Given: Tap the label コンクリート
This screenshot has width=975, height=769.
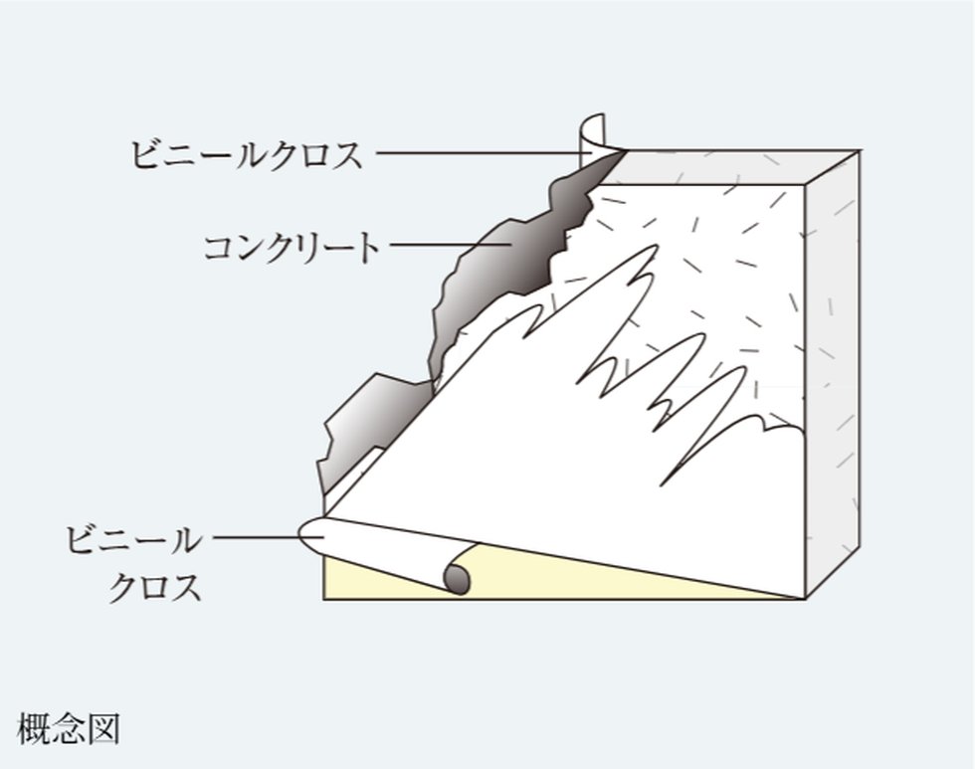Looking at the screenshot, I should click(291, 246).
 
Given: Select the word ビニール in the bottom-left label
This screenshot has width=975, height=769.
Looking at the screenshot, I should click(132, 541).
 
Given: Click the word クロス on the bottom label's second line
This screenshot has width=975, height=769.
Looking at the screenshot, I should click(154, 586).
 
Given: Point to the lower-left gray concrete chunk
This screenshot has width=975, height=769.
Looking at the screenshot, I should click(368, 418).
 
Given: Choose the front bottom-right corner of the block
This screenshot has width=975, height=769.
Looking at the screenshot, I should click(804, 598).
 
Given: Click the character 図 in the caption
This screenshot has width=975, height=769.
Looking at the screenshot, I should click(103, 728).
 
